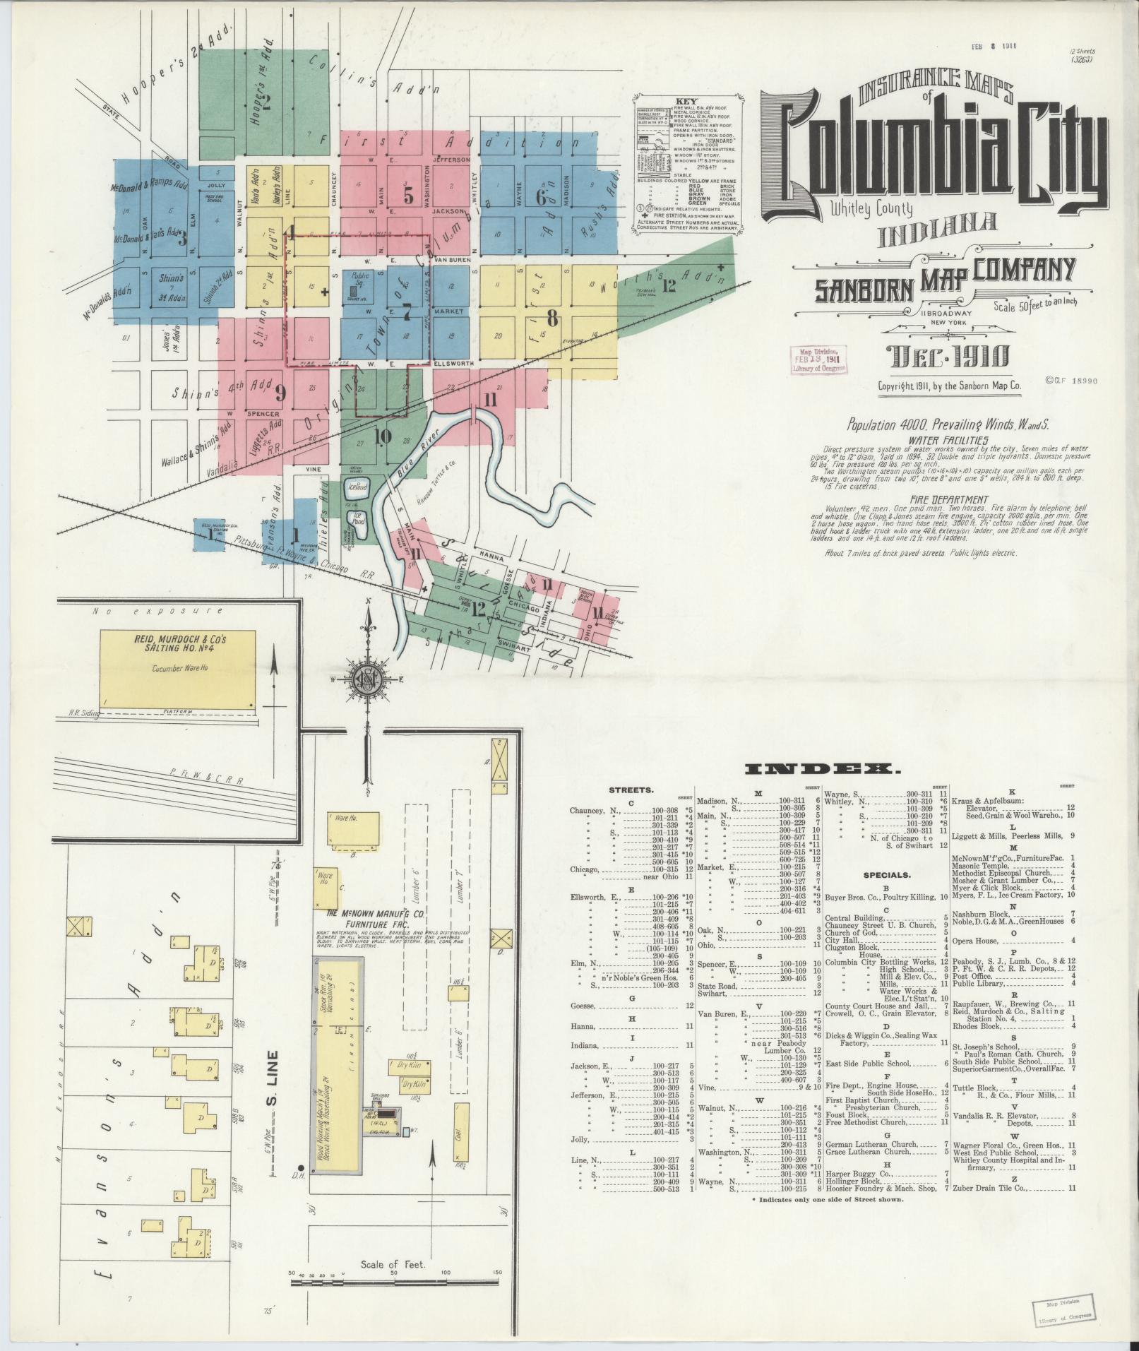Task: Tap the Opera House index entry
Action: (978, 941)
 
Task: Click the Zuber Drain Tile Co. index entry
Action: (989, 1188)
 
